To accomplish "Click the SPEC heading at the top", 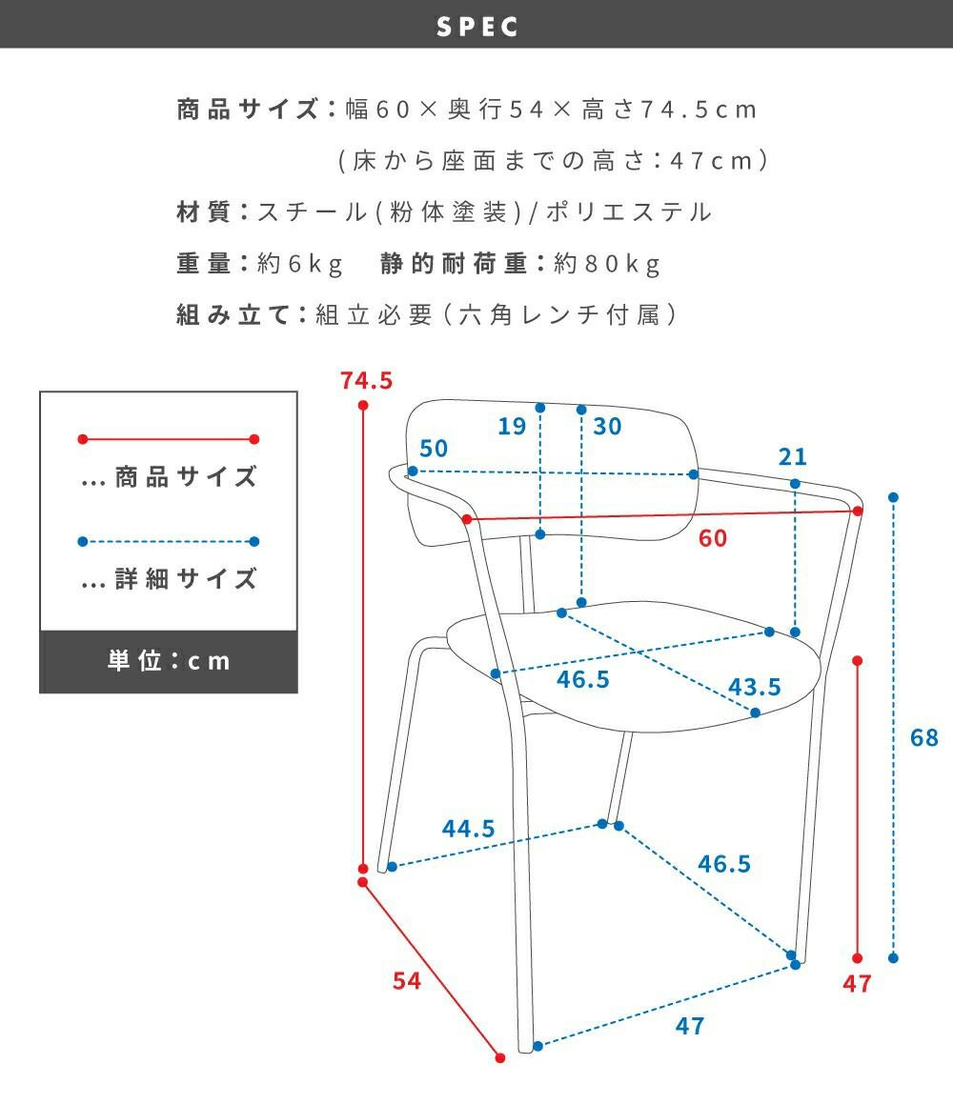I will click(477, 27).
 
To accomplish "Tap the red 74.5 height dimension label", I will click(366, 381).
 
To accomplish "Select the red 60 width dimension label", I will click(712, 538).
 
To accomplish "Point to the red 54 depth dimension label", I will click(407, 980).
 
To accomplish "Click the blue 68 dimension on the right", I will click(923, 737).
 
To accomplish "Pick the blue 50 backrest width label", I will click(433, 449).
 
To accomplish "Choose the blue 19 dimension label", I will click(512, 426).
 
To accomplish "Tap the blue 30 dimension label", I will click(607, 426).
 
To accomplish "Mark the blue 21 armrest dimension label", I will click(792, 457).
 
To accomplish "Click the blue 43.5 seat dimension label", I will click(754, 687).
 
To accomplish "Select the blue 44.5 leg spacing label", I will click(468, 829).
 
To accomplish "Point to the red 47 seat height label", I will click(858, 984).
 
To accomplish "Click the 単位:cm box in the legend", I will click(168, 661).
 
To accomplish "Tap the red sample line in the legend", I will click(168, 439).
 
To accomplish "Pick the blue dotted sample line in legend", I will click(168, 542).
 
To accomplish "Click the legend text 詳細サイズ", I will click(186, 578).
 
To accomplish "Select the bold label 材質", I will click(204, 211).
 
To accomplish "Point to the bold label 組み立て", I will click(233, 314).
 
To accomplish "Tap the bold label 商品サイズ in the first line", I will click(247, 110).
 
